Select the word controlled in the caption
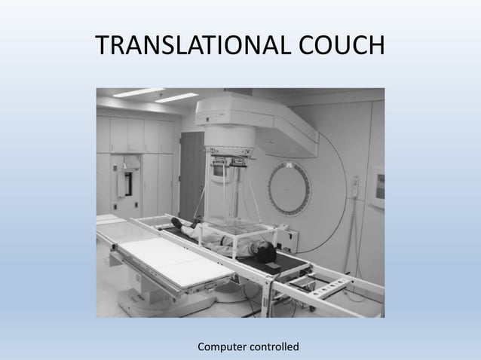click(x=277, y=346)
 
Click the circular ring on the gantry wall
click(x=290, y=188)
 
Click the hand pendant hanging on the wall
click(x=354, y=189)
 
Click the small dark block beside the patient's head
click(x=272, y=266)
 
